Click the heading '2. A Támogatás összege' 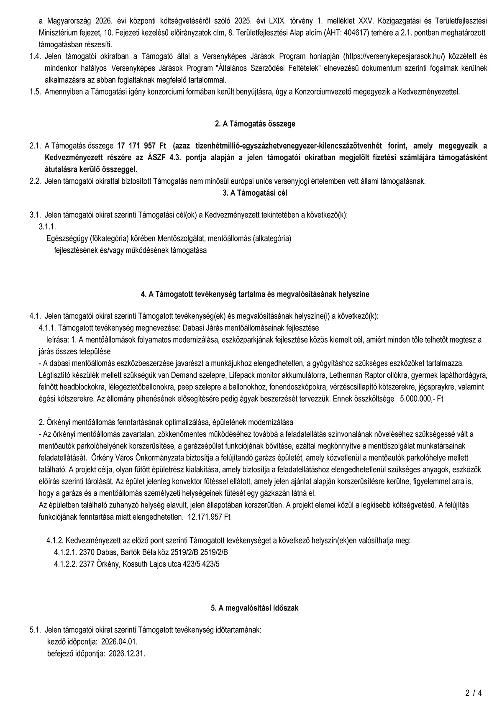(x=255, y=124)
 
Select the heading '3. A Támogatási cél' (x=255, y=193)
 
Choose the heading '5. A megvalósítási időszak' (x=255, y=608)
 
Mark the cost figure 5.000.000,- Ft (x=421, y=399)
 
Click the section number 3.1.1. (x=47, y=226)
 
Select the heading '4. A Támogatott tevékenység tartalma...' (x=255, y=294)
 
